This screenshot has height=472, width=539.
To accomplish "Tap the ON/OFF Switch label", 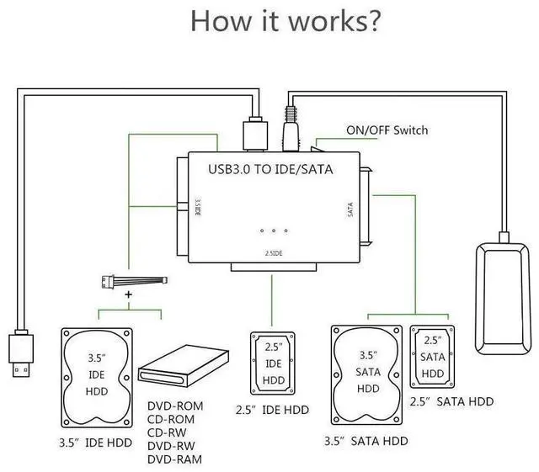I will pyautogui.click(x=387, y=130).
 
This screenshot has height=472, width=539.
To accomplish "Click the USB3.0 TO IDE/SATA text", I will pyautogui.click(x=270, y=169).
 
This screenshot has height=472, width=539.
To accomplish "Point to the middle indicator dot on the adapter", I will pyautogui.click(x=274, y=231).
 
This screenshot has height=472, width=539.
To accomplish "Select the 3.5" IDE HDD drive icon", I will pyautogui.click(x=97, y=375).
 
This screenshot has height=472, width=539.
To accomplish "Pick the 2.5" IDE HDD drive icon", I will pyautogui.click(x=273, y=364).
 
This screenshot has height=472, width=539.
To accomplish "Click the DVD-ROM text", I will pyautogui.click(x=174, y=405).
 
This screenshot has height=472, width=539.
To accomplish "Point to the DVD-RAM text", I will pyautogui.click(x=174, y=459).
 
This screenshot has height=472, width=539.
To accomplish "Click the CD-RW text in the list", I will pyautogui.click(x=168, y=432).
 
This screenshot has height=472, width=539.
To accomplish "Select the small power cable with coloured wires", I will pyautogui.click(x=131, y=282).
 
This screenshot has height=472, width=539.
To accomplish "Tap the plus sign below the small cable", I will pyautogui.click(x=129, y=296).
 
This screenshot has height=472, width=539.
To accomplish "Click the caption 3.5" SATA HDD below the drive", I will pyautogui.click(x=366, y=441).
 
